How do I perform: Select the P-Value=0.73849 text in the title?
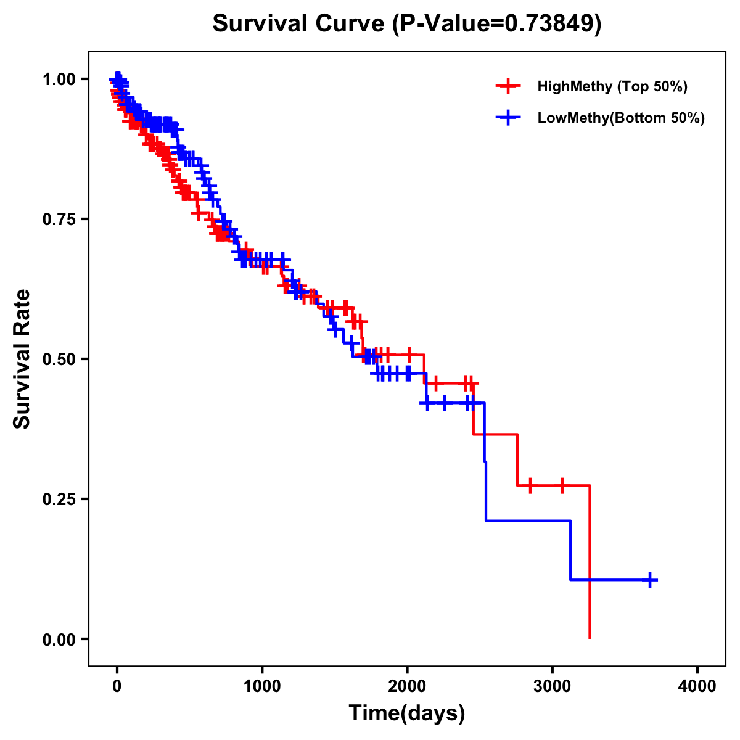click(x=498, y=23)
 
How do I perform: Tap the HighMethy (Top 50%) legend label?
click(x=612, y=86)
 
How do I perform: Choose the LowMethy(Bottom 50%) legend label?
click(x=621, y=118)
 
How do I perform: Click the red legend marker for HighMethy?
click(x=508, y=86)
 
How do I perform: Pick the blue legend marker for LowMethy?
click(x=508, y=118)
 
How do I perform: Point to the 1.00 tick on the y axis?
click(x=59, y=79)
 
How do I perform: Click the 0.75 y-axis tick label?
click(x=59, y=219)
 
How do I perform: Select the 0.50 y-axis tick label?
click(x=59, y=359)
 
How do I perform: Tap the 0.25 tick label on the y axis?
click(x=59, y=499)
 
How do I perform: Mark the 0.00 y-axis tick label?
click(x=59, y=639)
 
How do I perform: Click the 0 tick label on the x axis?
click(x=117, y=686)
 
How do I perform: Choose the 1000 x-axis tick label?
click(x=262, y=686)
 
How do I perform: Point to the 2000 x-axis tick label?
click(x=407, y=686)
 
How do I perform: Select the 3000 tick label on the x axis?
click(x=553, y=686)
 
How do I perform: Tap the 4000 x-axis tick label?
click(x=697, y=686)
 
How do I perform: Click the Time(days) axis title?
click(x=407, y=713)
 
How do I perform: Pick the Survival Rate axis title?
click(x=22, y=359)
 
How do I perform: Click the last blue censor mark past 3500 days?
click(x=650, y=580)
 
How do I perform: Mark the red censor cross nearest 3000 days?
click(x=562, y=485)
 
